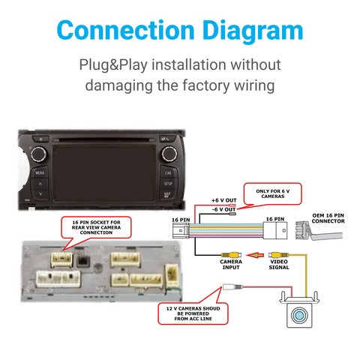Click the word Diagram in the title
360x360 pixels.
(x=253, y=31)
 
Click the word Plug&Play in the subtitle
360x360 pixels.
(x=113, y=65)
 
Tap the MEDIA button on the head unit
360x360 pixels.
(x=40, y=172)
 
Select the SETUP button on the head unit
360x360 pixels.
(x=168, y=183)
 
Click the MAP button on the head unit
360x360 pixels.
(x=167, y=194)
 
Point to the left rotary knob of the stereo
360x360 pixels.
(x=39, y=154)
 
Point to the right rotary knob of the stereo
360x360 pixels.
(x=169, y=154)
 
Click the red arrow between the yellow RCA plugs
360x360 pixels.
(x=255, y=255)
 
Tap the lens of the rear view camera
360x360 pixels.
(x=299, y=315)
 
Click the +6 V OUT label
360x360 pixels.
(x=224, y=200)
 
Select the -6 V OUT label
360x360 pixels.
(x=224, y=209)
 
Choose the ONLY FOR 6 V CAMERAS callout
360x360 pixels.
(x=273, y=193)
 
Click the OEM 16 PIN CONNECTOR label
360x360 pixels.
(x=328, y=218)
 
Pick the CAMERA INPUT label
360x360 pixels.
(x=231, y=265)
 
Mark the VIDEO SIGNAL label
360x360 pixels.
(x=279, y=265)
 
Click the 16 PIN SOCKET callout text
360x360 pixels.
(x=96, y=227)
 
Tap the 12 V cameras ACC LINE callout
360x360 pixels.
(x=193, y=313)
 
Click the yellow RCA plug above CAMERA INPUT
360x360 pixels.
(x=231, y=255)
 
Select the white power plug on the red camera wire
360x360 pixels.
(x=232, y=286)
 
